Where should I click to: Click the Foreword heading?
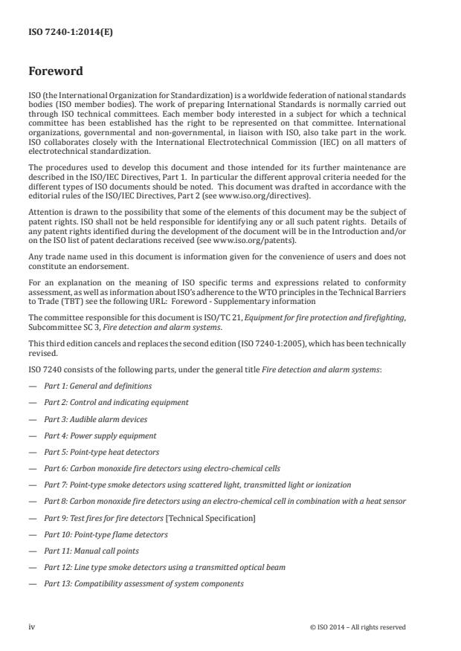pyautogui.click(x=55, y=72)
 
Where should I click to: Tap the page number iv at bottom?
pyautogui.click(x=32, y=626)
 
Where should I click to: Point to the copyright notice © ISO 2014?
pyautogui.click(x=358, y=626)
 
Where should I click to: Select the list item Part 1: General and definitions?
pyautogui.click(x=97, y=386)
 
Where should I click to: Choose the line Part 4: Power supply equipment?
pyautogui.click(x=100, y=435)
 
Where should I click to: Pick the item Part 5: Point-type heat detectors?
pyautogui.click(x=101, y=452)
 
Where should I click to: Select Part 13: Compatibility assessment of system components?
pyautogui.click(x=143, y=583)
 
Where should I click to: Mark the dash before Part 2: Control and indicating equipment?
pyautogui.click(x=32, y=402)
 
